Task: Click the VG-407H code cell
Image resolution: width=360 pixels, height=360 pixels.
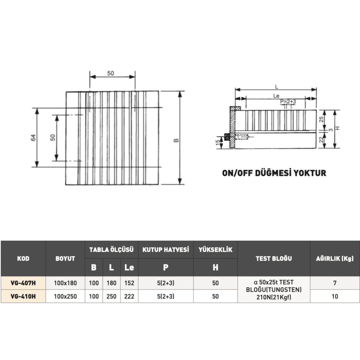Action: pyautogui.click(x=23, y=283)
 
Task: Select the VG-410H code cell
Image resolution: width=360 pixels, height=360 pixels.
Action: pyautogui.click(x=23, y=296)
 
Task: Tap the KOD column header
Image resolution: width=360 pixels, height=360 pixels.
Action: pyautogui.click(x=23, y=258)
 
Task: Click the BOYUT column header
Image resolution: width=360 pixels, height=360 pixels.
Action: pyautogui.click(x=65, y=258)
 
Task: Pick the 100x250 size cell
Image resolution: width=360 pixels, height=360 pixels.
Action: pyautogui.click(x=65, y=296)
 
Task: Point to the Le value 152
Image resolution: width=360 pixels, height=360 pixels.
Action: pyautogui.click(x=129, y=283)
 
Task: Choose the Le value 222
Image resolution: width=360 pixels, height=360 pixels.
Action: pyautogui.click(x=129, y=296)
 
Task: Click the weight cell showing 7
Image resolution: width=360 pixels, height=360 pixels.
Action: pyautogui.click(x=334, y=283)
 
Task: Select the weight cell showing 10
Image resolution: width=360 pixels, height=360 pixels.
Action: pyautogui.click(x=334, y=296)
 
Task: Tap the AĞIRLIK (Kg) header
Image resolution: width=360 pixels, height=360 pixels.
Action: pyautogui.click(x=334, y=258)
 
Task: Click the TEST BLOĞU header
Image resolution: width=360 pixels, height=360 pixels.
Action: pyautogui.click(x=274, y=258)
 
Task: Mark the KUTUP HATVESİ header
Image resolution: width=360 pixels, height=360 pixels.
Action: pyautogui.click(x=165, y=249)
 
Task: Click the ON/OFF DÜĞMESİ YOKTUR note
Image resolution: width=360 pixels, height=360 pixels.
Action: pyautogui.click(x=274, y=173)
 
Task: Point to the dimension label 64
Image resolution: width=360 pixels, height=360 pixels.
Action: pyautogui.click(x=33, y=138)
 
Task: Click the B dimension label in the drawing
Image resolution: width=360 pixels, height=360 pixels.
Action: pyautogui.click(x=176, y=141)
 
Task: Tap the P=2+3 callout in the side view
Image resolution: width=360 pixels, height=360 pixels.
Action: pyautogui.click(x=288, y=102)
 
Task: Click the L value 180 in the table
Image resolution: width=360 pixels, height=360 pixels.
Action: pyautogui.click(x=111, y=283)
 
